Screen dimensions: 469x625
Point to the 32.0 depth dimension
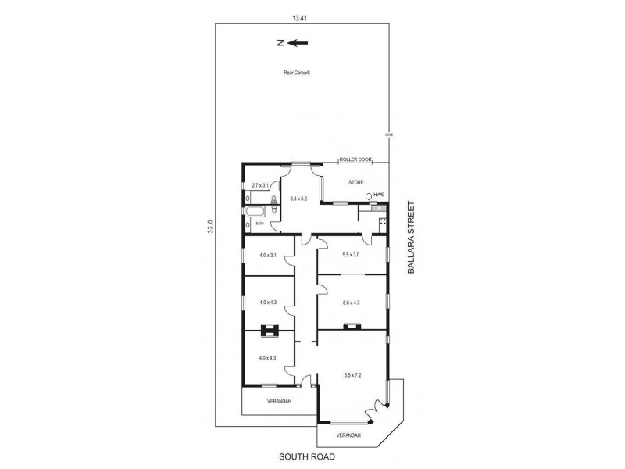(x=209, y=226)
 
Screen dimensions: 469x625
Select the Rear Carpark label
(x=297, y=73)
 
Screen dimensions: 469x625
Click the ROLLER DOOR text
(x=354, y=160)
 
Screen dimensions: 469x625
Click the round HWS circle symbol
(x=368, y=195)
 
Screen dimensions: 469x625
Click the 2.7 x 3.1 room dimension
(x=260, y=185)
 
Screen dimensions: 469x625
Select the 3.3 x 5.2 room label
(x=298, y=199)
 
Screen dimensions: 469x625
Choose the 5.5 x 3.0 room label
(x=351, y=253)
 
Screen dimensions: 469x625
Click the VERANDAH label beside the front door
(x=278, y=401)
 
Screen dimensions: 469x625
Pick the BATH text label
(x=259, y=224)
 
